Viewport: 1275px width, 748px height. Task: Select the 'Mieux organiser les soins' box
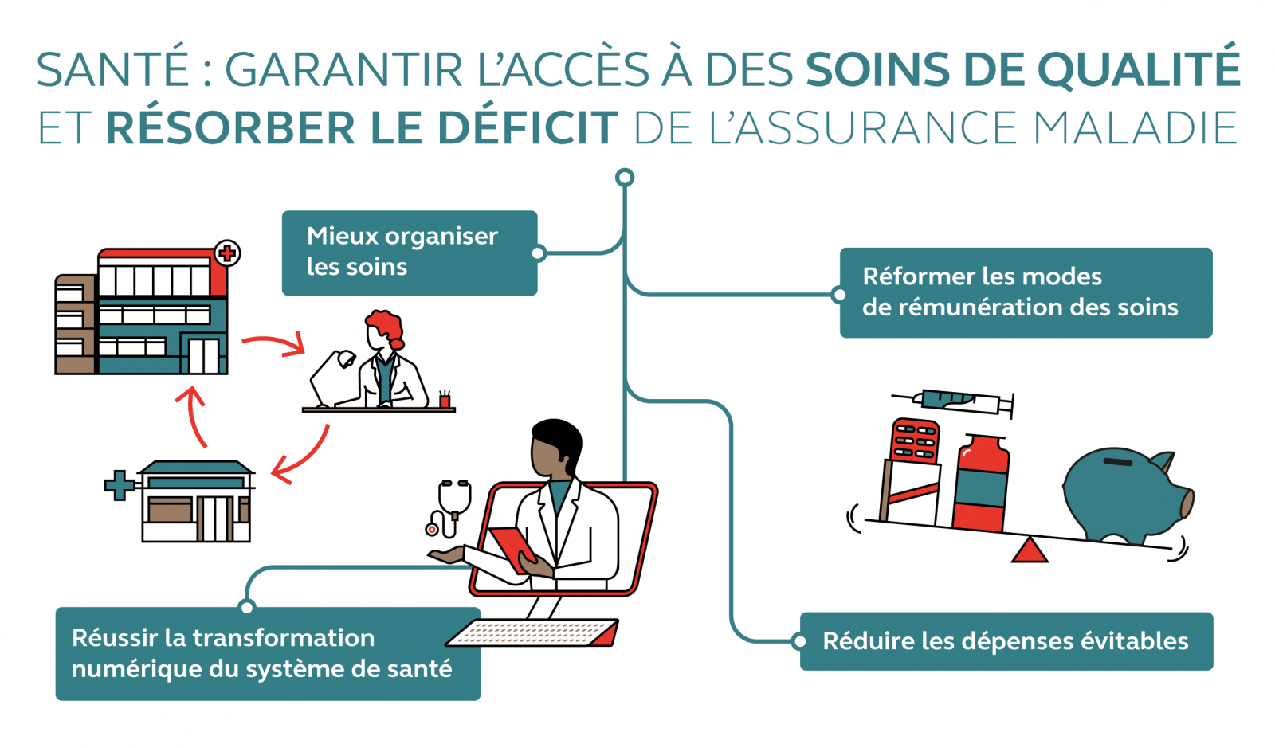(x=410, y=253)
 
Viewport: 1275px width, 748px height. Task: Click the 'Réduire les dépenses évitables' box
(x=1006, y=641)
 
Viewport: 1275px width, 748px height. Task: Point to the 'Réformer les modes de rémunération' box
(x=1026, y=292)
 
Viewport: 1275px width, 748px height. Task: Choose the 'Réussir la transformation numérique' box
(x=268, y=654)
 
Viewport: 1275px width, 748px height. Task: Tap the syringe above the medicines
(x=956, y=400)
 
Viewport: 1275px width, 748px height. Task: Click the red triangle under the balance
(x=1030, y=551)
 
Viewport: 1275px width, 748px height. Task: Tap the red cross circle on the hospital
(x=227, y=253)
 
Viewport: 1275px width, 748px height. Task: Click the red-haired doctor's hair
(x=386, y=326)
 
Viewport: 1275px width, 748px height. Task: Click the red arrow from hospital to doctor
(x=274, y=345)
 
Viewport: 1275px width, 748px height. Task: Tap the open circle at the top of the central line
(x=625, y=178)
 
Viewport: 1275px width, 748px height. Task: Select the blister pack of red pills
(x=915, y=441)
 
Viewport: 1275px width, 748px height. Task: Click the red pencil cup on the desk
(x=445, y=400)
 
